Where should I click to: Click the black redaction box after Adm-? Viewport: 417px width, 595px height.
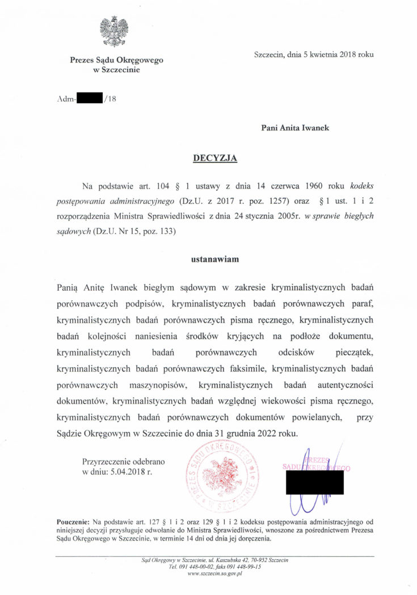(x=89, y=98)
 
